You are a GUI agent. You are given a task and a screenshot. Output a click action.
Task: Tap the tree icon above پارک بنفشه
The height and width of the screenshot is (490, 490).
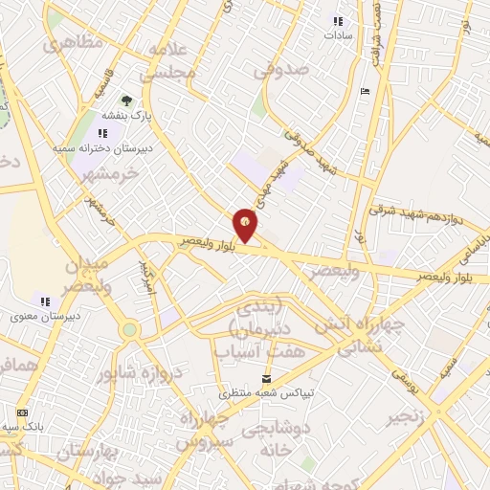coord(125,99)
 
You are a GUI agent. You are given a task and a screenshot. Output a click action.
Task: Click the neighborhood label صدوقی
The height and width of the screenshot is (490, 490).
coord(280,70)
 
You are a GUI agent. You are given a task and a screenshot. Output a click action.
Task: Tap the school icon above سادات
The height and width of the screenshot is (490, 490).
coord(336,21)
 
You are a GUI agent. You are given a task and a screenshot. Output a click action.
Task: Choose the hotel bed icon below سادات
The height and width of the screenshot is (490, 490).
coord(364,92)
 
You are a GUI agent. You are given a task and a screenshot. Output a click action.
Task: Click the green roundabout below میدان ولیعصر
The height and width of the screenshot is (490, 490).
coord(129,329)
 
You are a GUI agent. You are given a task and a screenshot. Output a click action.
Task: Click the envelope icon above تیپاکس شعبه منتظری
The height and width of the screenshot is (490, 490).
coord(263,376)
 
